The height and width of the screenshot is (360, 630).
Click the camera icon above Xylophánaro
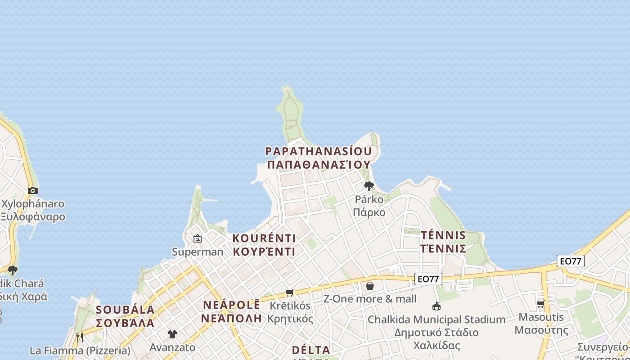coord(33,190)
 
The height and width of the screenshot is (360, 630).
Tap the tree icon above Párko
coord(369,186)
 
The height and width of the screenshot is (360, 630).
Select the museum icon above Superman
coord(197,238)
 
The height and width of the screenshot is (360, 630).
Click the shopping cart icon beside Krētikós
coord(290,293)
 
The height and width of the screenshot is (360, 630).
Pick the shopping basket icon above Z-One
coord(370,286)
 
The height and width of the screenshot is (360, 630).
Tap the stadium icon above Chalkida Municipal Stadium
coord(436,306)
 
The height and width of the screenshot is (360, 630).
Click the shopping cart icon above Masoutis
coord(541,304)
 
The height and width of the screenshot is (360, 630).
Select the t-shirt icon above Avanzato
coord(172,334)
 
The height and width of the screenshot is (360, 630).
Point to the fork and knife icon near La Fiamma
coord(80,337)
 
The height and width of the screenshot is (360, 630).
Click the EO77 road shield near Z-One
coord(428,279)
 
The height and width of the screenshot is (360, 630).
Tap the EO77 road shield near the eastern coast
coord(570,261)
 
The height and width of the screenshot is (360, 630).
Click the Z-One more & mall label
coord(370,299)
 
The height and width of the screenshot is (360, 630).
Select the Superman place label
coord(198,252)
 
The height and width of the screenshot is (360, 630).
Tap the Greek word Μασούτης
coord(541,330)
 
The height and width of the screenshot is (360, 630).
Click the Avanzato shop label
coord(172,347)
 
